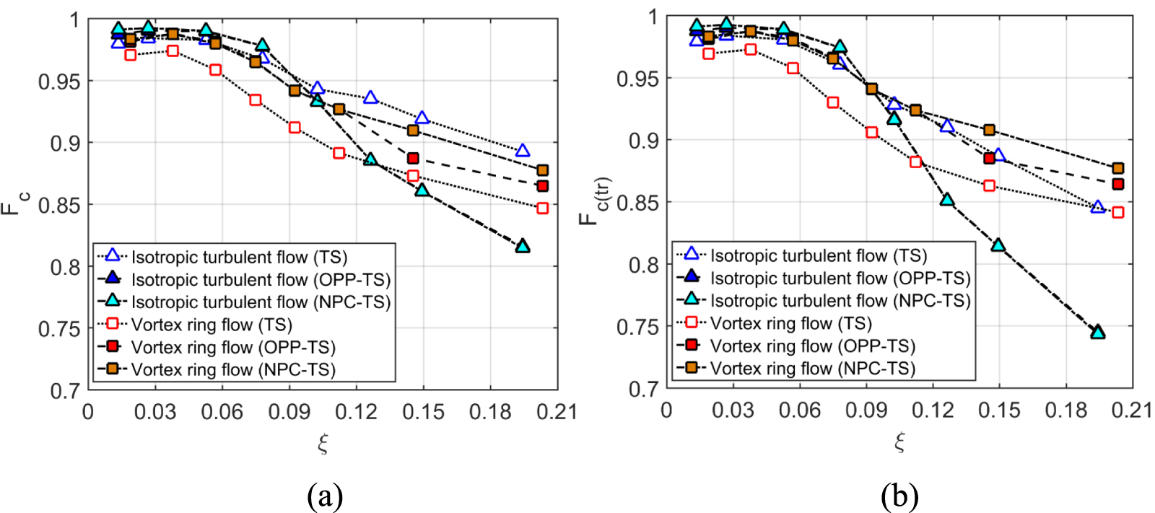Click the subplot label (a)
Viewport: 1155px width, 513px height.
tap(324, 496)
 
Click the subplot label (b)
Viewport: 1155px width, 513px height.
tap(899, 496)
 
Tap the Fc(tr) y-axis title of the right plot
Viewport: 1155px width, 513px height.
tap(595, 201)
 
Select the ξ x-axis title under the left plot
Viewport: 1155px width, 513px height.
tap(323, 442)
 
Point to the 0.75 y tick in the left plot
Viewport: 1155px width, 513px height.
tap(59, 329)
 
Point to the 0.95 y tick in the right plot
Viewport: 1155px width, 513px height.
tap(637, 79)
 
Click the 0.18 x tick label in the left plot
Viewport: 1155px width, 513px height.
tap(490, 412)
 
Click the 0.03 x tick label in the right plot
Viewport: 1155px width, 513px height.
tap(733, 411)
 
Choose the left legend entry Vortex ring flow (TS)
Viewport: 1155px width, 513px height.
tap(212, 325)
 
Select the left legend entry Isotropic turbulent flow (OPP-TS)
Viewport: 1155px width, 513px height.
tap(260, 280)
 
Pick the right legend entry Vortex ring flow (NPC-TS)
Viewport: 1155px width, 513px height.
tap(812, 369)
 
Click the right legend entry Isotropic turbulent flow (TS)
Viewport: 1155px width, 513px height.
tap(818, 256)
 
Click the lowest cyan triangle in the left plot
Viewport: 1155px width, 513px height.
tap(523, 247)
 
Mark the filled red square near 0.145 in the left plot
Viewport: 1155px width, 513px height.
tap(413, 158)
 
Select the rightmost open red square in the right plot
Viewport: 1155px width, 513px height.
tap(1117, 212)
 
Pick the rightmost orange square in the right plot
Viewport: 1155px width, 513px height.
tap(1117, 169)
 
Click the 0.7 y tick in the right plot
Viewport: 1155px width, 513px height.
tap(643, 390)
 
